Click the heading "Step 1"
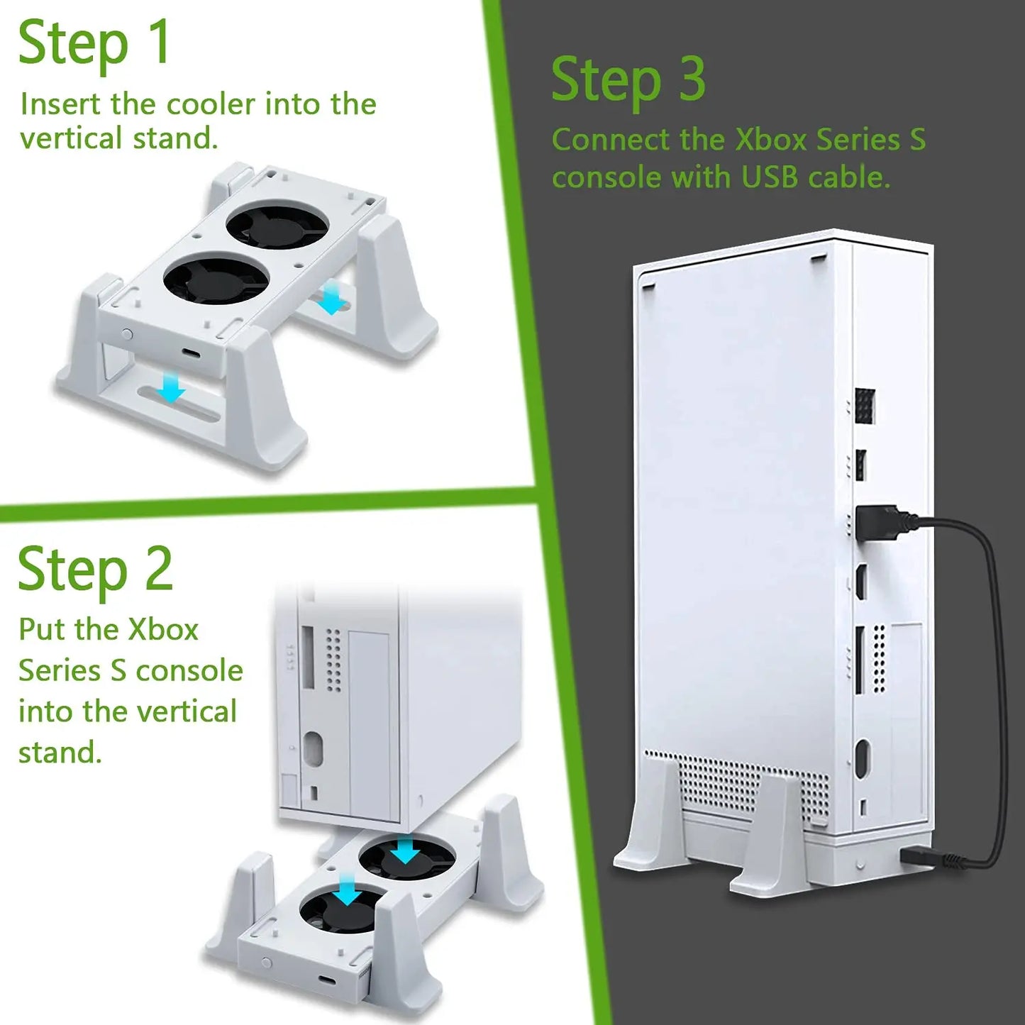pyautogui.click(x=94, y=43)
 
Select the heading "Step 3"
pyautogui.click(x=628, y=80)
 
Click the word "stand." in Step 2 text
pyautogui.click(x=60, y=753)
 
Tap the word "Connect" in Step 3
pyautogui.click(x=611, y=140)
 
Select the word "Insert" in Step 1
pyautogui.click(x=60, y=104)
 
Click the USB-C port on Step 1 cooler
pyautogui.click(x=192, y=353)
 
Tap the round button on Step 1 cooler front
pyautogui.click(x=127, y=334)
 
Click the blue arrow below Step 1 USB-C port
pyautogui.click(x=170, y=388)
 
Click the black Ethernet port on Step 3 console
pyautogui.click(x=865, y=406)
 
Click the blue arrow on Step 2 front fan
pyautogui.click(x=348, y=890)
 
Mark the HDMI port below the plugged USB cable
pyautogui.click(x=860, y=583)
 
